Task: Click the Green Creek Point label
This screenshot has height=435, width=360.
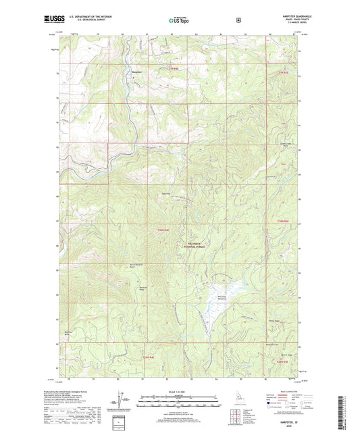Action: (x=285, y=145)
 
